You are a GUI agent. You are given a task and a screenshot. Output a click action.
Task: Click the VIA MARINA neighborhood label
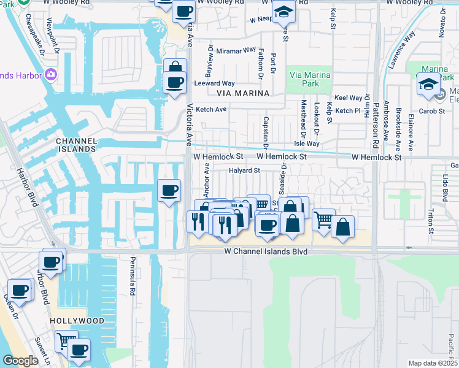pyautogui.click(x=243, y=93)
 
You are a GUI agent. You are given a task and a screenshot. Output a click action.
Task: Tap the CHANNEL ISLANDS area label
pyautogui.click(x=76, y=145)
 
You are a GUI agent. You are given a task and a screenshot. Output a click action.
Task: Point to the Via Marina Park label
pyautogui.click(x=310, y=79)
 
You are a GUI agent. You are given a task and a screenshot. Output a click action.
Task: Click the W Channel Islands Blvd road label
pyautogui.click(x=266, y=251)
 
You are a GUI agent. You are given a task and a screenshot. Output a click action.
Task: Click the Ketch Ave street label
pyautogui.click(x=211, y=109)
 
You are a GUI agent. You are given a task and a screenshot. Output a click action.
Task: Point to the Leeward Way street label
pyautogui.click(x=214, y=83)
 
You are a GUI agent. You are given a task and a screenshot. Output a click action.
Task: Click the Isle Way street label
pyautogui.click(x=307, y=144)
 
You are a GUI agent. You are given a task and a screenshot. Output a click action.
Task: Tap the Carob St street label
pyautogui.click(x=433, y=111)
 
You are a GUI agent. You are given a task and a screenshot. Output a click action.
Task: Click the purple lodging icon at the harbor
pyautogui.click(x=50, y=75)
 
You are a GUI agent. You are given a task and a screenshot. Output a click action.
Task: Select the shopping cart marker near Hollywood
pyautogui.click(x=66, y=340)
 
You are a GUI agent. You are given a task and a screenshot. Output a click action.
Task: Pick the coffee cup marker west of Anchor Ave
pyautogui.click(x=169, y=190)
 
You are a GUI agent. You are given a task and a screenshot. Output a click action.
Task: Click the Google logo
pyautogui.click(x=20, y=361)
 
